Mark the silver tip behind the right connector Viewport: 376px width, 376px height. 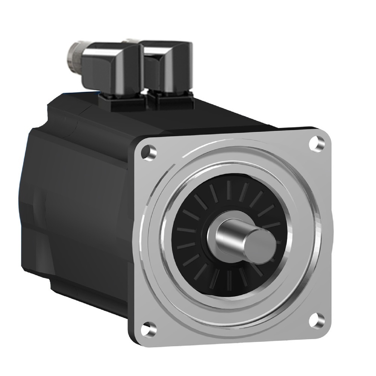[132, 39]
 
